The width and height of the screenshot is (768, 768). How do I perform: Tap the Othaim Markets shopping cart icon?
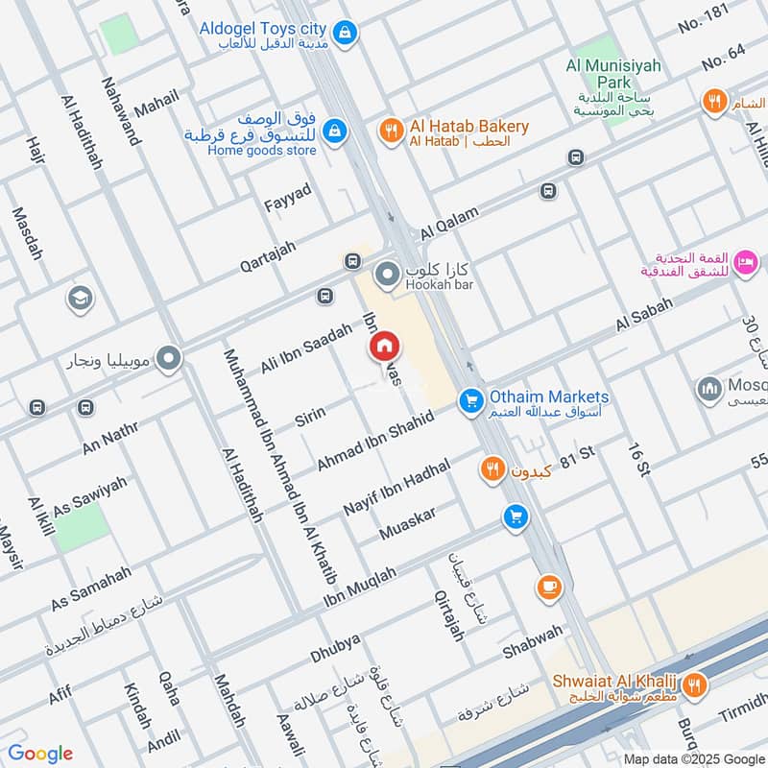point(469,400)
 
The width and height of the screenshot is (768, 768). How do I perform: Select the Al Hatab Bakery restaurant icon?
point(391,132)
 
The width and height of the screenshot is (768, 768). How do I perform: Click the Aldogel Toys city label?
point(263,29)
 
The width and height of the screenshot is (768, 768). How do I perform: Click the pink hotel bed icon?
point(745,261)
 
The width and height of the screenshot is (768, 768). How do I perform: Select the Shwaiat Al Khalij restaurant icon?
point(697,684)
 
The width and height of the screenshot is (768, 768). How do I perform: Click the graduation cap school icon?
point(81,300)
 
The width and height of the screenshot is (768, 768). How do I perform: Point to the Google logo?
point(40,754)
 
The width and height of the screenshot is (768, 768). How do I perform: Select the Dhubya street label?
point(335,649)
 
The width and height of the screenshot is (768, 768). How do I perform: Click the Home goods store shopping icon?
point(334,132)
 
